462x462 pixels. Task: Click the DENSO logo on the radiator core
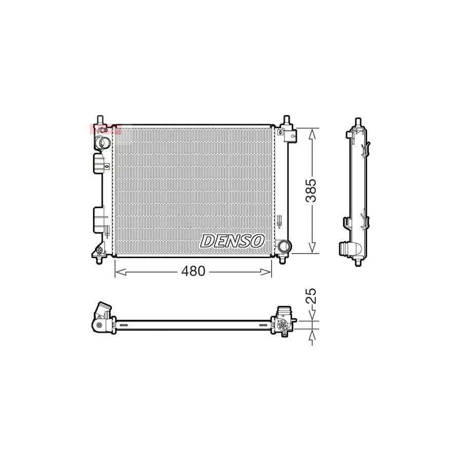point(233,240)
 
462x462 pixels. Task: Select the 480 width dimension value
point(193,271)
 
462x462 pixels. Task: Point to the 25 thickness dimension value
point(311,297)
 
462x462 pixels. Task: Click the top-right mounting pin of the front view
point(286,121)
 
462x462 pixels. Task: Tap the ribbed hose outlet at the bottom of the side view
point(344,248)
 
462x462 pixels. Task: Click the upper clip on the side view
point(364,150)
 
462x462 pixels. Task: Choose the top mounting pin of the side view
point(356,123)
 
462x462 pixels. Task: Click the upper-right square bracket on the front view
point(288,133)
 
